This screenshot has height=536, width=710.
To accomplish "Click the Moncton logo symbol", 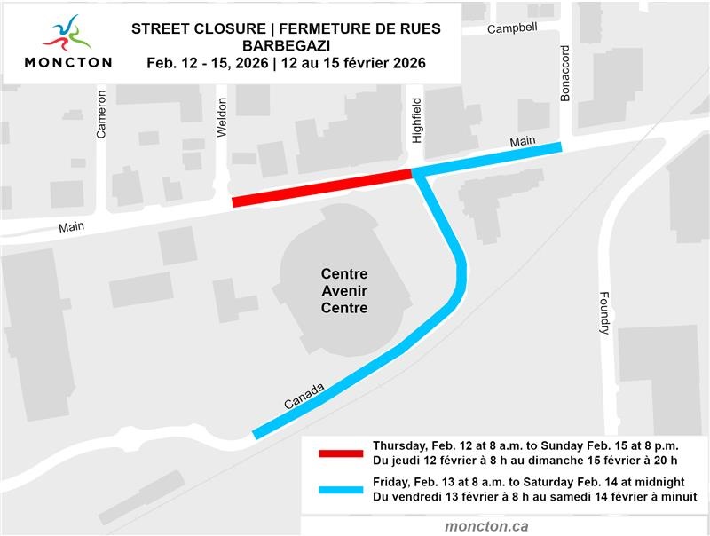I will [x=67, y=35].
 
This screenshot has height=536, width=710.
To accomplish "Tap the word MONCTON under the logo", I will [x=68, y=63].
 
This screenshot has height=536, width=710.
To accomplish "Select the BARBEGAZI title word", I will [x=286, y=46].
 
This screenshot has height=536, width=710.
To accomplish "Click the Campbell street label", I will [x=513, y=28].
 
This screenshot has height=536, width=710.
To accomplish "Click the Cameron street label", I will [x=101, y=115].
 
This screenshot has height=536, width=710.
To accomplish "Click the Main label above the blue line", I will [x=523, y=142].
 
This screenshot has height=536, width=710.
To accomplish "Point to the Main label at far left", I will [x=71, y=227].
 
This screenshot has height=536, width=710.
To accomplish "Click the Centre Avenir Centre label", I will [x=344, y=291].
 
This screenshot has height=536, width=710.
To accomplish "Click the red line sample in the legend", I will [x=341, y=453].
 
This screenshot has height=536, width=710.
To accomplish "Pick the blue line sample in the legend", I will [x=341, y=489].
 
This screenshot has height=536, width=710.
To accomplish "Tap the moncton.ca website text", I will [x=486, y=525].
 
